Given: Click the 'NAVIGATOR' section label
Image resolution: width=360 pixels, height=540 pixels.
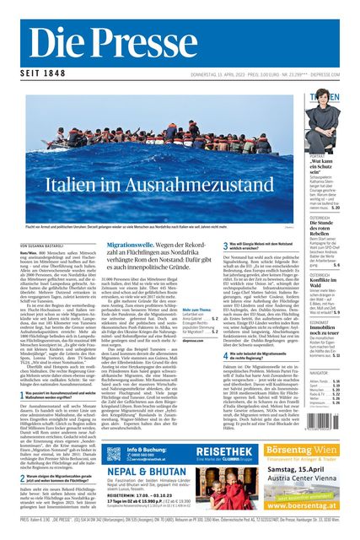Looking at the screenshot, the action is pos(320,370).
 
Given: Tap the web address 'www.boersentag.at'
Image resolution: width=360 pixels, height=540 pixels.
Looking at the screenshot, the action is pos(312,505).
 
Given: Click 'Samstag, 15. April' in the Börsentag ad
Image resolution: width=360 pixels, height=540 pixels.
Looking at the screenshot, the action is pos(312,470).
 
